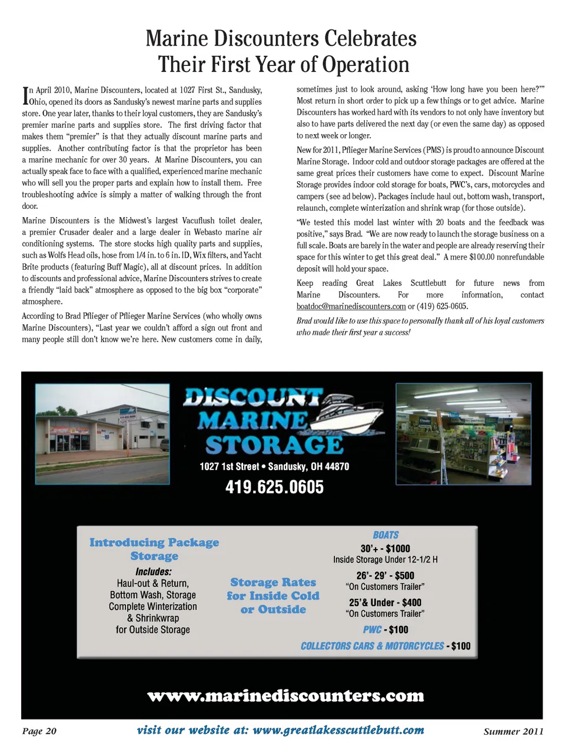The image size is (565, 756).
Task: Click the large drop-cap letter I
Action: point(25,96)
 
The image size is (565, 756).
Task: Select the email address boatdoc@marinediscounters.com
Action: point(351,307)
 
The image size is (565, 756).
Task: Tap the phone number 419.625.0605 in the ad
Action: point(274,487)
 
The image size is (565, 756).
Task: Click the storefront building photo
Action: point(102,434)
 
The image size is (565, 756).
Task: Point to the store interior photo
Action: point(463,434)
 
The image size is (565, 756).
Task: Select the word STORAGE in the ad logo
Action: point(274,445)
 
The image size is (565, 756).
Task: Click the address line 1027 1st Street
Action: point(274,467)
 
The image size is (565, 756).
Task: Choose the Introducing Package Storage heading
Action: point(154,549)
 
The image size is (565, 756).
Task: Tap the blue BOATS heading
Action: point(385,535)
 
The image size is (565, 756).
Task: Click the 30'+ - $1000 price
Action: point(385,548)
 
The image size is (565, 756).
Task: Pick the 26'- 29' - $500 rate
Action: point(385,575)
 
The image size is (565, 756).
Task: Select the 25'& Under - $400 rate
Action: point(385,602)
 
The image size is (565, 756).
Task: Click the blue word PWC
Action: point(372,630)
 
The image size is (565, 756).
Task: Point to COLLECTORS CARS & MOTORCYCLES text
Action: point(372,646)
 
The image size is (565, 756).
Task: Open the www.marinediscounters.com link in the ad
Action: point(285,696)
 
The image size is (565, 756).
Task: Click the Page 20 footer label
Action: point(39,731)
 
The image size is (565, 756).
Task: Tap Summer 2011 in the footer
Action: point(513,731)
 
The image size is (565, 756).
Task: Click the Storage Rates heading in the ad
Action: point(273,595)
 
